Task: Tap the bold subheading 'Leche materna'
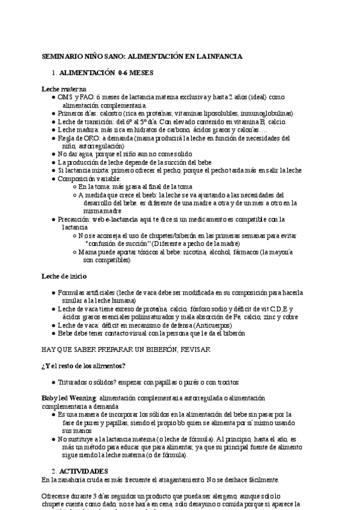pos(64,88)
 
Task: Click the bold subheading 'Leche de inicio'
pos(64,276)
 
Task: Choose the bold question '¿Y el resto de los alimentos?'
pos(82,366)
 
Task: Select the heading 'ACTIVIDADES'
pos(84,470)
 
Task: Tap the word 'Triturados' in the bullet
pos(75,382)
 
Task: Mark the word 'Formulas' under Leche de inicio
pos(72,292)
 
